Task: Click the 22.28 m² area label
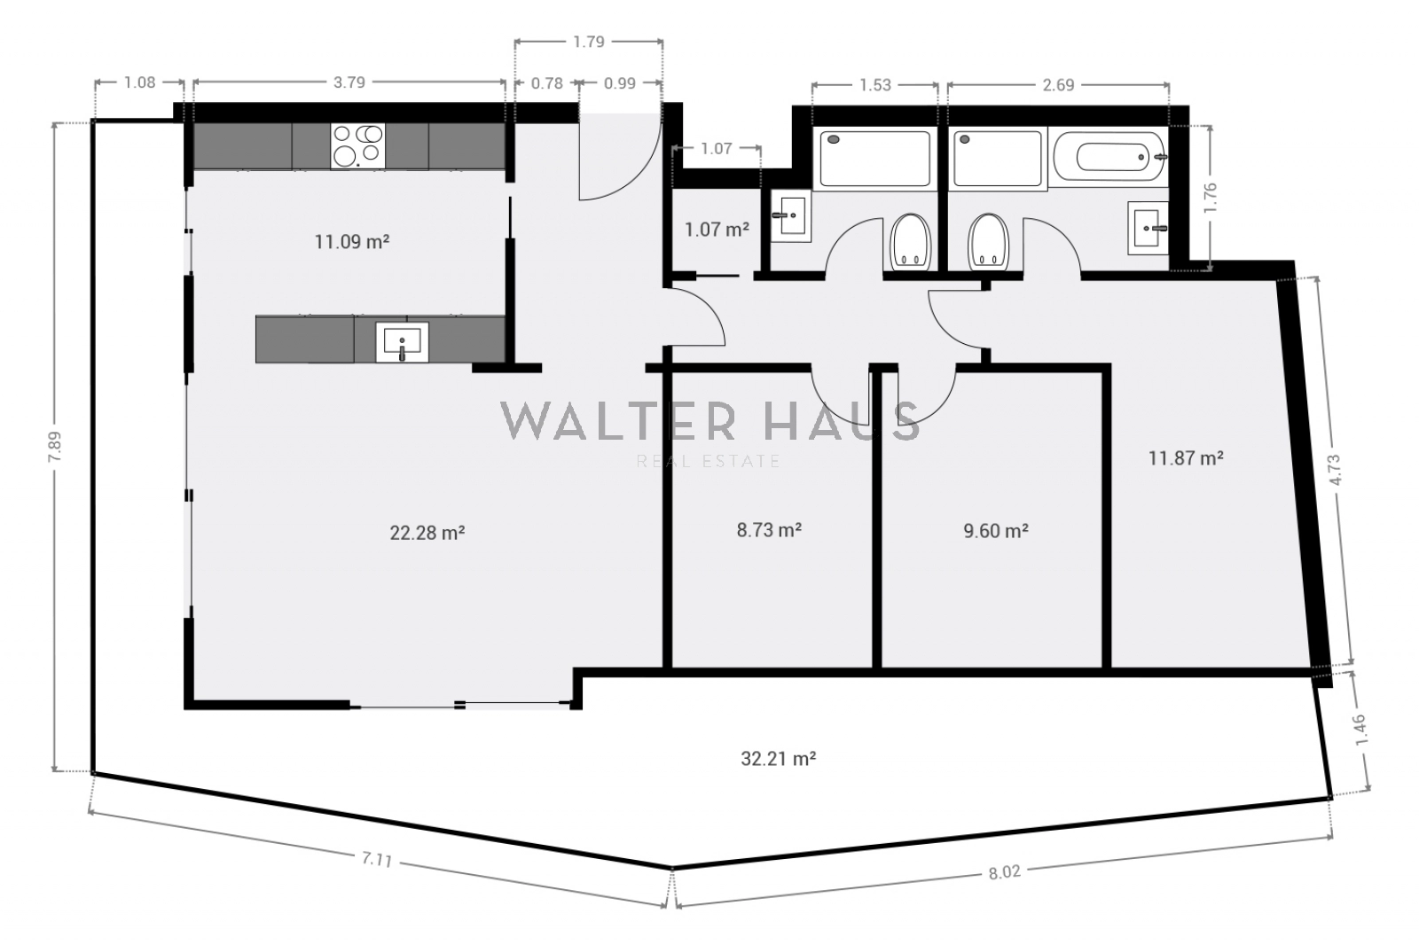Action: click(x=427, y=533)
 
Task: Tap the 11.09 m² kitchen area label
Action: click(x=351, y=241)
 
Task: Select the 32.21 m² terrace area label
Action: click(x=778, y=758)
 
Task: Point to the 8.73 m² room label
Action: click(x=768, y=529)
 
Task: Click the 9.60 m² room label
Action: click(x=996, y=531)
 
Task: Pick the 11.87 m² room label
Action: click(x=1186, y=458)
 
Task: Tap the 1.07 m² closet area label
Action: click(x=717, y=230)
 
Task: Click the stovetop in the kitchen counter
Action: click(x=358, y=145)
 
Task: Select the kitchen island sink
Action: click(x=403, y=342)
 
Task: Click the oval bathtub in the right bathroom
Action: click(x=1109, y=157)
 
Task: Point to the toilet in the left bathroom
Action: click(x=910, y=242)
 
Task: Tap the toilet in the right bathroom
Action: click(x=988, y=242)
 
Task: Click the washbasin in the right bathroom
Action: click(x=1148, y=228)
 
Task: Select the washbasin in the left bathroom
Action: click(x=790, y=215)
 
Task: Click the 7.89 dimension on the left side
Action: click(x=54, y=447)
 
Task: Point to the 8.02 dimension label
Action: click(x=1005, y=872)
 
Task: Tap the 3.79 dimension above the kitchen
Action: click(x=349, y=82)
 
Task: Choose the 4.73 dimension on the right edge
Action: click(x=1336, y=470)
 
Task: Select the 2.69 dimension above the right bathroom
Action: click(x=1058, y=85)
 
